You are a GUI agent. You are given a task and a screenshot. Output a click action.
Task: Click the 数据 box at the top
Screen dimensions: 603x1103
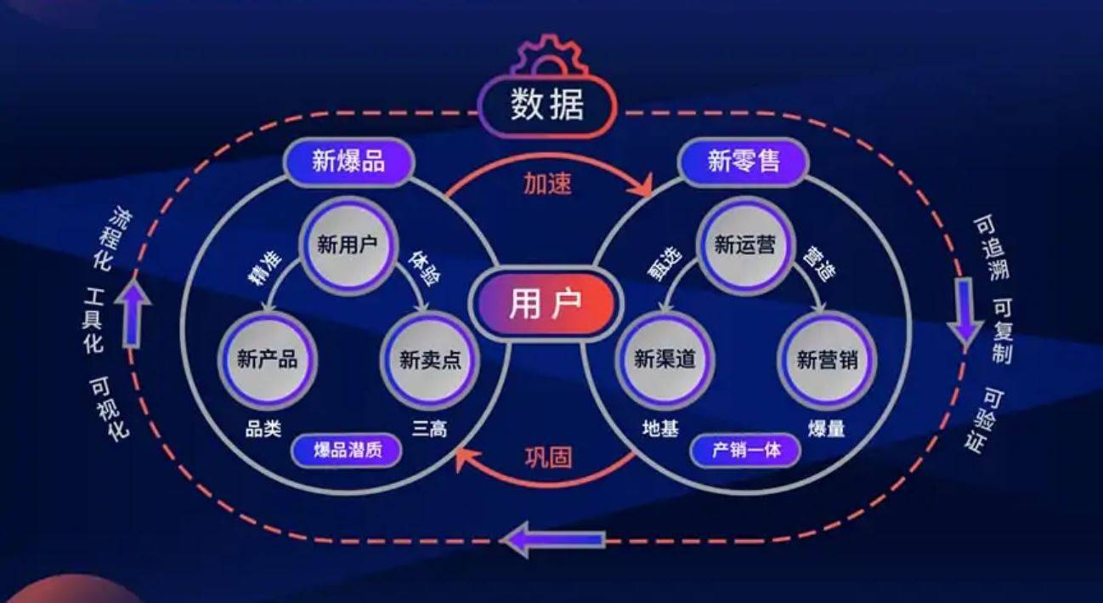[548, 108]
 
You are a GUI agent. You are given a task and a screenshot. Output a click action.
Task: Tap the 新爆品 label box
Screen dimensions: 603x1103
[348, 162]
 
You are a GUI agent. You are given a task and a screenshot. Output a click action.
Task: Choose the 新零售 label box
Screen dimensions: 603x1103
[744, 162]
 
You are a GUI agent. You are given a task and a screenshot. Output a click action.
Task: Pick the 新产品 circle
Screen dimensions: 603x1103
[267, 360]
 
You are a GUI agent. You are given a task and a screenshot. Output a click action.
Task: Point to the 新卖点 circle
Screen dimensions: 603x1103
[430, 360]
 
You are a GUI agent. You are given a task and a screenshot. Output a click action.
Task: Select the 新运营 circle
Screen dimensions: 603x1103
[744, 246]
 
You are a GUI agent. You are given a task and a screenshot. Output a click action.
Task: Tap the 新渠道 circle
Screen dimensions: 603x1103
[665, 360]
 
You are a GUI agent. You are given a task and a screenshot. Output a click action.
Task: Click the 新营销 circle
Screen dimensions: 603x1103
[827, 360]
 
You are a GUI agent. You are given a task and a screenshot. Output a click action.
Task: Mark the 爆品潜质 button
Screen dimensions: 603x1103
[347, 450]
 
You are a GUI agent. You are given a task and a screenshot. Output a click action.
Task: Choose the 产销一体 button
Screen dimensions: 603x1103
[744, 450]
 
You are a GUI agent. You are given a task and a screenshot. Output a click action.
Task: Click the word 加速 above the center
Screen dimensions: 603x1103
[546, 184]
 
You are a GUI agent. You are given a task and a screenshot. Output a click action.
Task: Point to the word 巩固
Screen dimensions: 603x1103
[547, 458]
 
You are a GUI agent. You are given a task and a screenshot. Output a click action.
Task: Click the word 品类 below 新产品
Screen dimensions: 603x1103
[263, 429]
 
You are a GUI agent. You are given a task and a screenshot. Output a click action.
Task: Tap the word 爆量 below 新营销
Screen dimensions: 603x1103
[826, 429]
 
